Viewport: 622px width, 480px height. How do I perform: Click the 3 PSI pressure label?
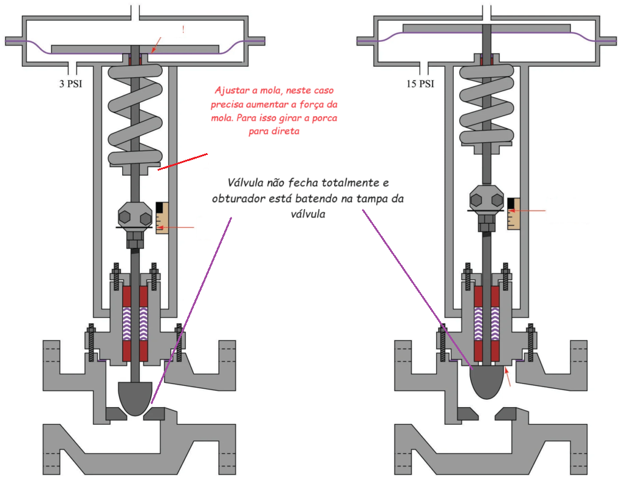70,84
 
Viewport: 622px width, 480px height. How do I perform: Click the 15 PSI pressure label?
420,84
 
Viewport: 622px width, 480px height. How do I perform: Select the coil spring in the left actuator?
135,115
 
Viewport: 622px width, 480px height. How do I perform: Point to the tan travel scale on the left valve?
162,218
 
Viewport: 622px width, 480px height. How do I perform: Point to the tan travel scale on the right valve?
514,213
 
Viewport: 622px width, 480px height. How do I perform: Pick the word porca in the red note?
324,117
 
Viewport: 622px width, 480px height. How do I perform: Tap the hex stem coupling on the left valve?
135,218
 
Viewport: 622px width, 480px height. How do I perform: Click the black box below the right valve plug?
525,396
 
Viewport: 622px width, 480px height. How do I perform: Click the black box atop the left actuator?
164,29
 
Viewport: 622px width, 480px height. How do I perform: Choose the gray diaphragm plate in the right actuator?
487,29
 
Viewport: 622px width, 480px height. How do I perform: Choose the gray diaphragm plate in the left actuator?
135,49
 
